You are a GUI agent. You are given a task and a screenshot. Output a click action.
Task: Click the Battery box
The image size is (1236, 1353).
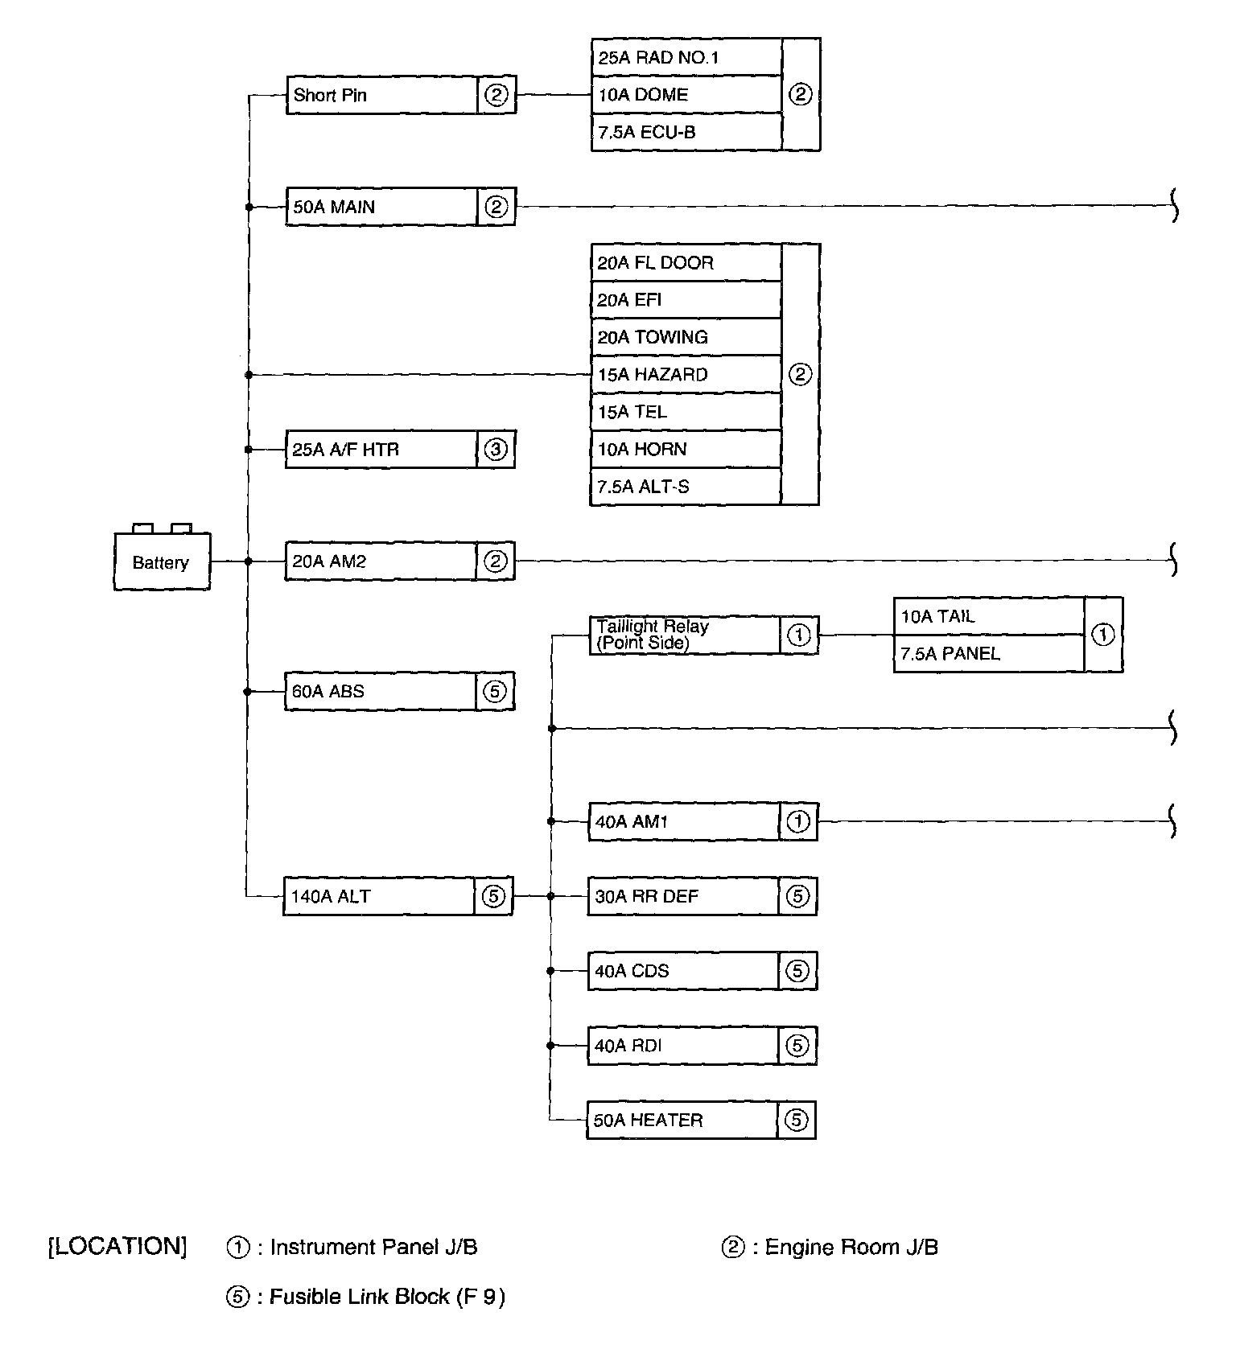(162, 561)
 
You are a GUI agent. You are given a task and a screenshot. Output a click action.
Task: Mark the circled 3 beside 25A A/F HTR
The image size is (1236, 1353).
(496, 449)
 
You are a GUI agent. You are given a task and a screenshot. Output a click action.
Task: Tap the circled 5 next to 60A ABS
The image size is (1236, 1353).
(495, 691)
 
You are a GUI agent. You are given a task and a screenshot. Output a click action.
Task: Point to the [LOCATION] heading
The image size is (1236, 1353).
(117, 1247)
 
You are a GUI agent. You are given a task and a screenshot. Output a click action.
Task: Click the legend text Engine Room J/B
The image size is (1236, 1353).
(851, 1247)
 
